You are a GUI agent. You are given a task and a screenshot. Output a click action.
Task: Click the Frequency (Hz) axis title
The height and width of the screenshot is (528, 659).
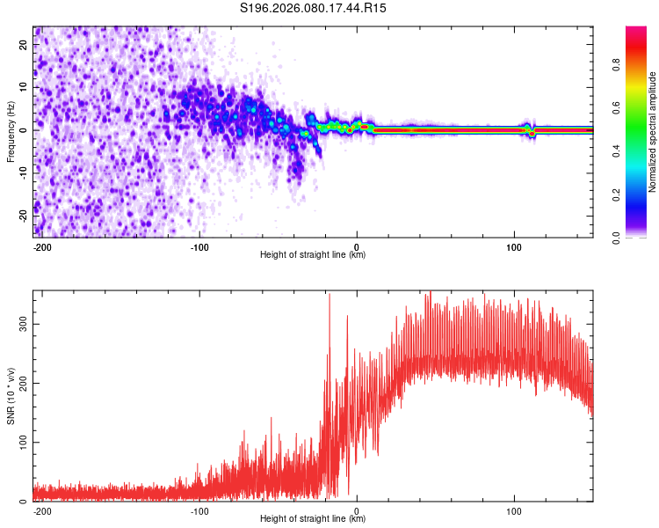coord(11,132)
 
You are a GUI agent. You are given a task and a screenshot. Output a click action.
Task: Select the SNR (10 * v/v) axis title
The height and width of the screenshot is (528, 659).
coord(11,395)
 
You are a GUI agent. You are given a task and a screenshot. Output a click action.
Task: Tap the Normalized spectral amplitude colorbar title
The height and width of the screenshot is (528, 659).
coord(653,132)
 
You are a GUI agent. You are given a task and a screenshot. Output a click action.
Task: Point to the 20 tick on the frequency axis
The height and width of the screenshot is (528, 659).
coord(25,46)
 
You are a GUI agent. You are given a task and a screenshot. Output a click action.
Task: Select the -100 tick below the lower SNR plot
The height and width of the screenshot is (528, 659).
coord(199,510)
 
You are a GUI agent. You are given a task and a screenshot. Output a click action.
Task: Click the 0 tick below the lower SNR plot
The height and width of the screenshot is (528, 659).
coord(357,510)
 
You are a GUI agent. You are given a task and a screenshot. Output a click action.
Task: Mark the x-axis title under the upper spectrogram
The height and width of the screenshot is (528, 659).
coord(313,255)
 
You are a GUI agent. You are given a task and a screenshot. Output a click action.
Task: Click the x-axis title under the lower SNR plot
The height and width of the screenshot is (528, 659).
coord(313,519)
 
